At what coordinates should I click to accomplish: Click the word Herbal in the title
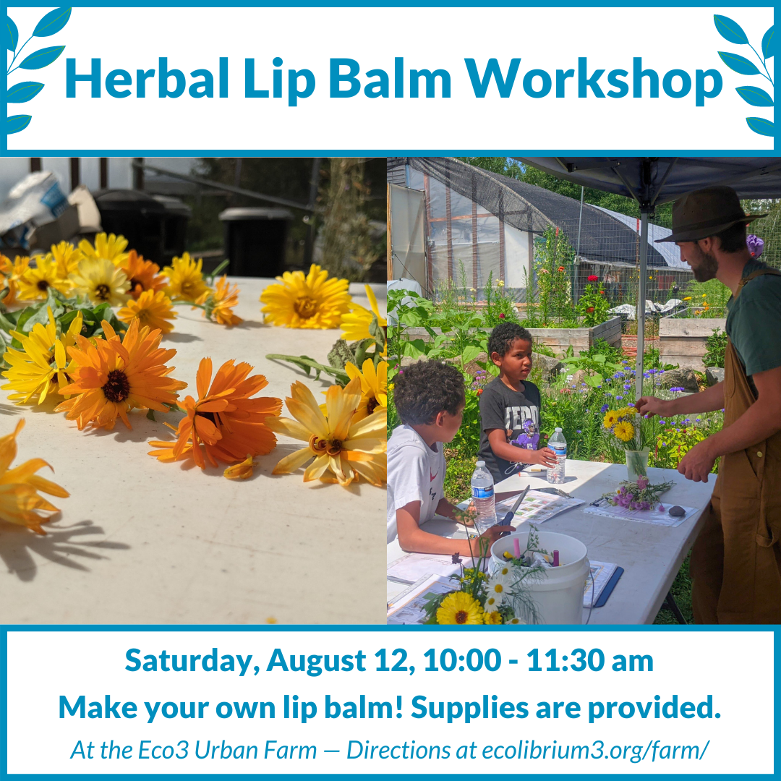point(147,79)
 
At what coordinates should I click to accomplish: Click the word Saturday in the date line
point(192,661)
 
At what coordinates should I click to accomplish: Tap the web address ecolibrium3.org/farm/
point(595,751)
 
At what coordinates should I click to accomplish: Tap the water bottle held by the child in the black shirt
point(557,456)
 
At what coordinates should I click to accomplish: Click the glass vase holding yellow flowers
point(637,464)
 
